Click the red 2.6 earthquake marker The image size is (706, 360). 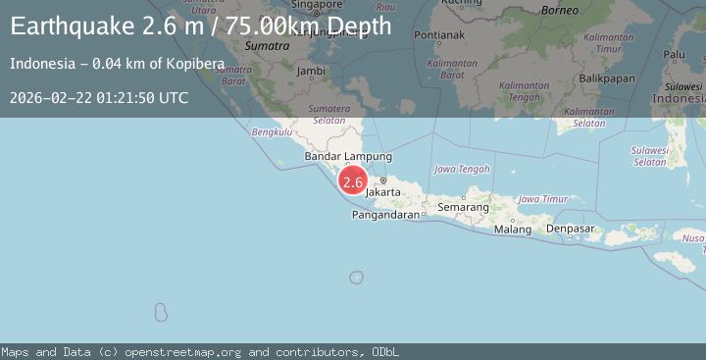click(x=353, y=181)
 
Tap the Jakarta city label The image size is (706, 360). click(x=382, y=192)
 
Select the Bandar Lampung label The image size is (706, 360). click(x=348, y=156)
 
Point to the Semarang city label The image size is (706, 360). click(x=464, y=208)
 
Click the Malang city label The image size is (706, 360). click(x=512, y=230)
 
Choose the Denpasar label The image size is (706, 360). click(x=571, y=229)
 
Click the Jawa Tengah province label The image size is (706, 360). click(x=462, y=169)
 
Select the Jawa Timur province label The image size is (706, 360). click(x=542, y=199)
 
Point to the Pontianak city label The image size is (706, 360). click(x=439, y=35)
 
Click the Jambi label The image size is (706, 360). click(x=311, y=71)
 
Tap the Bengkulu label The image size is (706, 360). click(x=272, y=130)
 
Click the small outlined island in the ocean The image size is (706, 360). click(x=161, y=313)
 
